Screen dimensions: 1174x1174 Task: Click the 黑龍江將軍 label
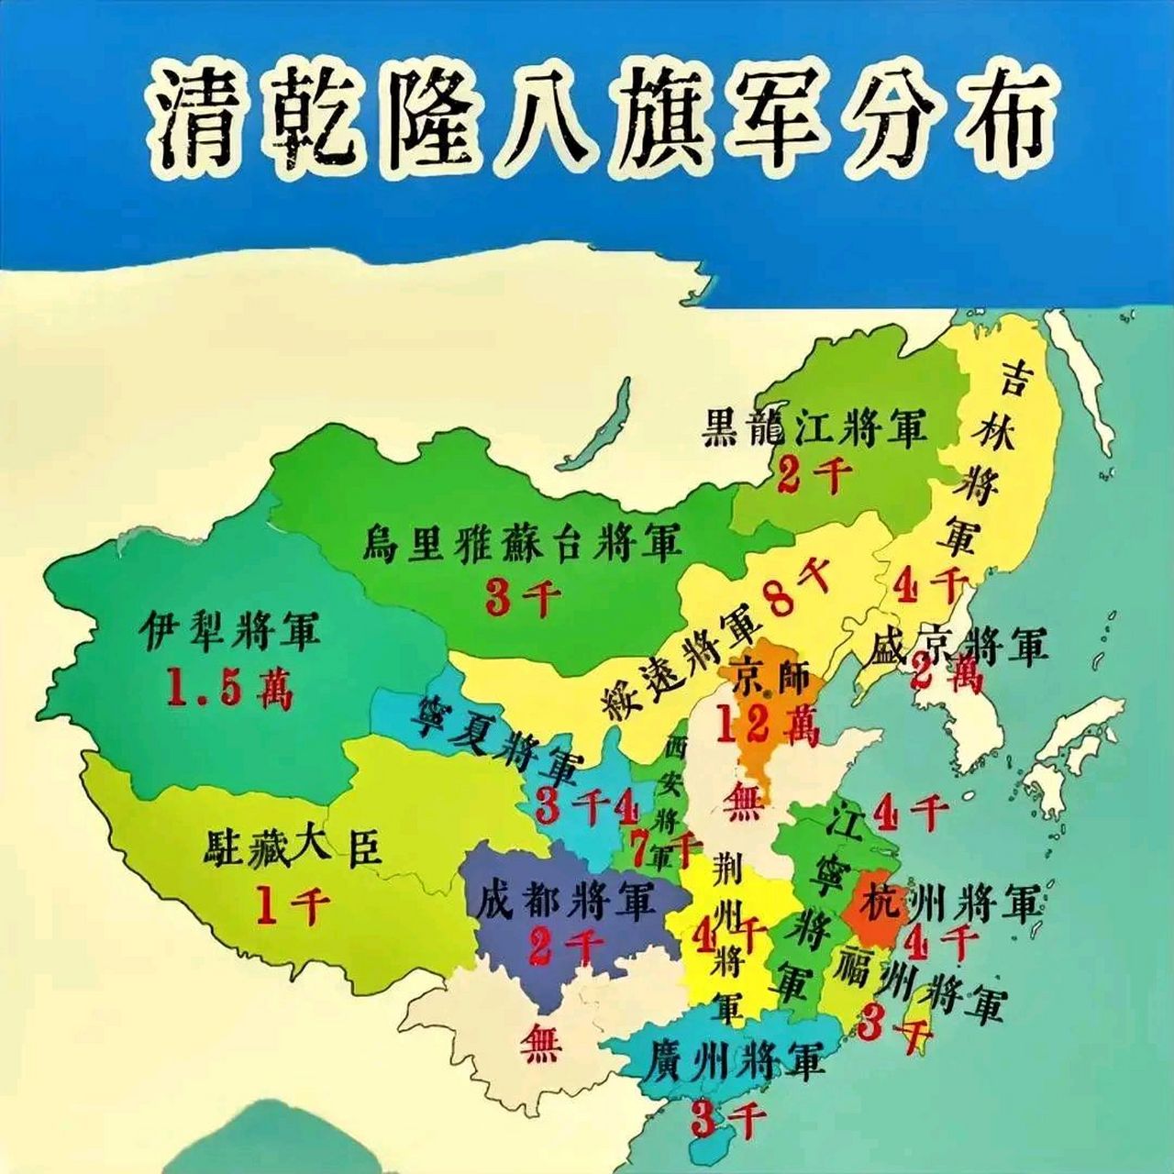(814, 427)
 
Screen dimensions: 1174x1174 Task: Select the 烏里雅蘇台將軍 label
(523, 543)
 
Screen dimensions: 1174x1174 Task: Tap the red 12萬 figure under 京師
(769, 725)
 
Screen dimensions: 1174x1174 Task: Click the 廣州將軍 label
(732, 1062)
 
